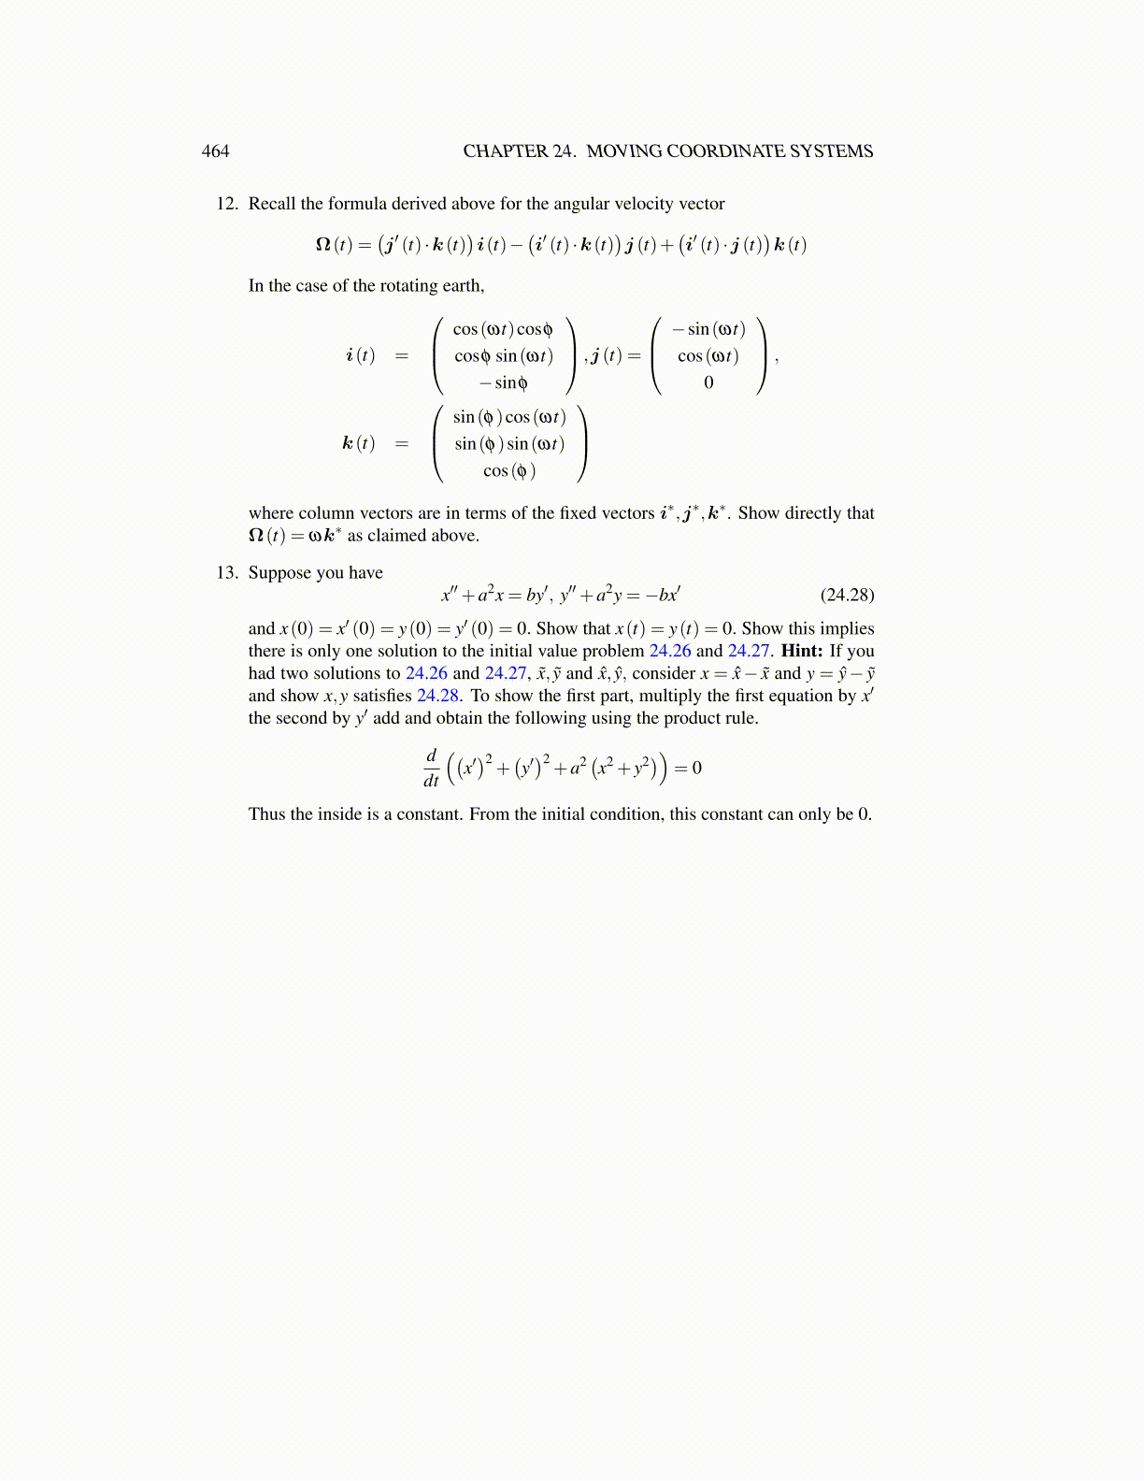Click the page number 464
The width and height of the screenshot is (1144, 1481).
tap(215, 151)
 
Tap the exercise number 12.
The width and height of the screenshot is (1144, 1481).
tap(227, 204)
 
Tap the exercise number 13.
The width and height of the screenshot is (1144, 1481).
tap(227, 573)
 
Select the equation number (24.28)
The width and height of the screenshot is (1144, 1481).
tap(847, 596)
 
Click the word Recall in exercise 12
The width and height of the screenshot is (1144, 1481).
tap(272, 204)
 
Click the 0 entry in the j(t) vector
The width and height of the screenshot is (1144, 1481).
tap(708, 382)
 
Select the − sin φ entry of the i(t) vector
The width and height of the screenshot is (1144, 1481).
tap(503, 382)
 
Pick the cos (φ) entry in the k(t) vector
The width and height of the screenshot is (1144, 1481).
tap(509, 470)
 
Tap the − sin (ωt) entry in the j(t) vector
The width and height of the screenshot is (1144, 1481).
tap(708, 329)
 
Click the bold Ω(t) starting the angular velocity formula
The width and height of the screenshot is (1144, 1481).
tap(334, 245)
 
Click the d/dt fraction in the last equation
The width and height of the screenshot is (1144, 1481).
tap(431, 768)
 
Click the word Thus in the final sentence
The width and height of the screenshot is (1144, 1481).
tap(266, 814)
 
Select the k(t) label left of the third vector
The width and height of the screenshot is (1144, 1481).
tap(358, 443)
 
